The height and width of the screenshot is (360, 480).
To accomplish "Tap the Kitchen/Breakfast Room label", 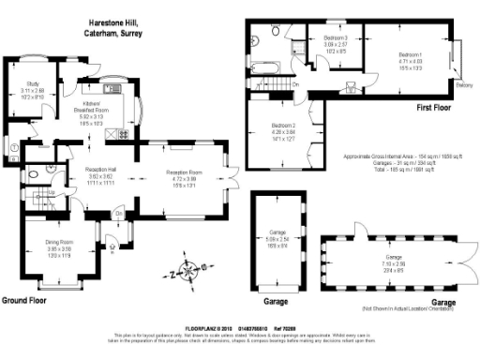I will pyautogui.click(x=92, y=104).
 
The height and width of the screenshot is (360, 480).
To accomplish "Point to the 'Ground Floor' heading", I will pyautogui.click(x=25, y=301).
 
